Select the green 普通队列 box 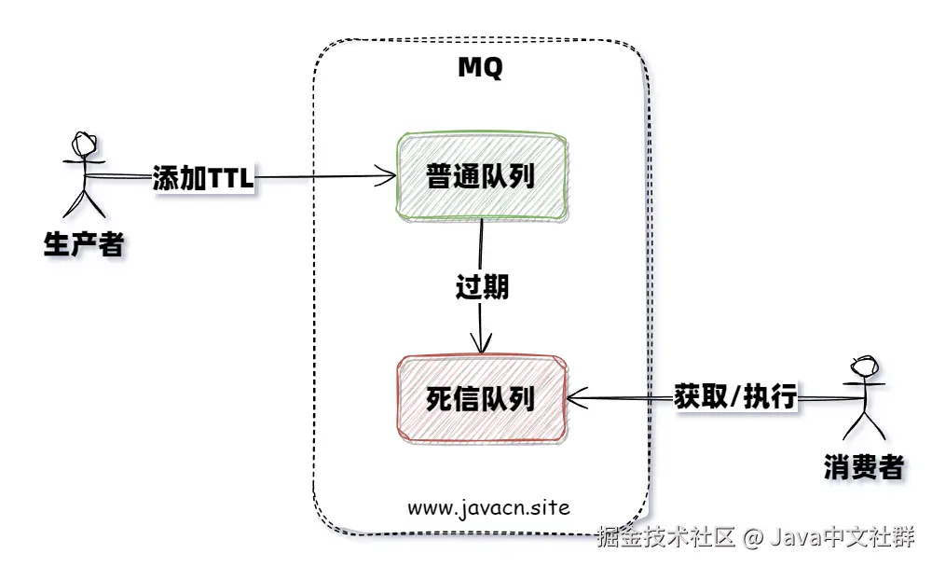tap(480, 176)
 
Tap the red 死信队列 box tap(480, 398)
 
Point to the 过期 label tap(482, 287)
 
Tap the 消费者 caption tap(864, 467)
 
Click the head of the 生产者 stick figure tap(84, 145)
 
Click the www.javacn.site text tap(487, 508)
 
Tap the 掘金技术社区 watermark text tap(667, 537)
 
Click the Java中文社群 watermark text tap(843, 537)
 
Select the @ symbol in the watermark tap(753, 538)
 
